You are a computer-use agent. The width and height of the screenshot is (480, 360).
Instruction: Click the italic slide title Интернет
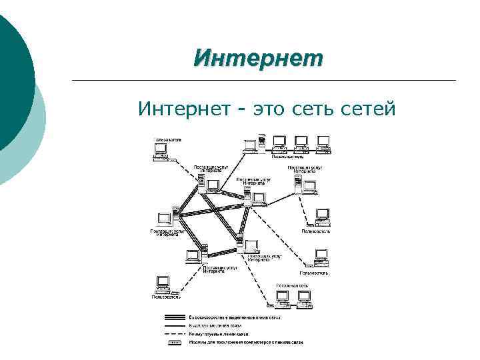click(x=257, y=58)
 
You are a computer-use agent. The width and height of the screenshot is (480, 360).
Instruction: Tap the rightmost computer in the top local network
click(x=323, y=142)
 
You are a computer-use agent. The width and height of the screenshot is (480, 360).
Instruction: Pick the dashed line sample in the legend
click(x=175, y=333)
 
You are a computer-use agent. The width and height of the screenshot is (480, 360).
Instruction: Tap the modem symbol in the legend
click(x=175, y=342)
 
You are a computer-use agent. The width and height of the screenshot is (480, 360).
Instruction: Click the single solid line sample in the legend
click(x=175, y=325)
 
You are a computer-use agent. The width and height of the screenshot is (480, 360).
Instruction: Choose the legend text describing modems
click(x=247, y=342)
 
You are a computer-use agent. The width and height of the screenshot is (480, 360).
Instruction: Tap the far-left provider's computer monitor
click(x=164, y=219)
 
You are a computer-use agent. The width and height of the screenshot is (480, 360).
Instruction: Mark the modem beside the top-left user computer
click(x=174, y=161)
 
